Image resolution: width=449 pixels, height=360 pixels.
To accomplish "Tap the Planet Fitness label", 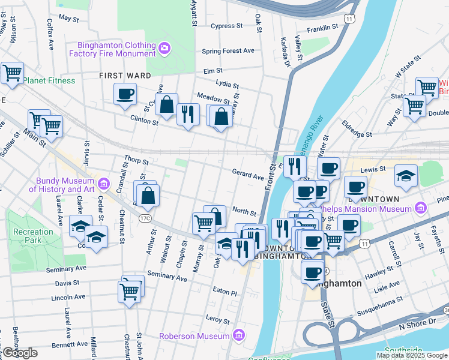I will pos(49,80).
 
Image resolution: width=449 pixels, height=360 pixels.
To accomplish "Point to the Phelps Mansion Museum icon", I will pos(421,209).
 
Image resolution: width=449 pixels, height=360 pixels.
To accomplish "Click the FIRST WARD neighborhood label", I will pos(125,76).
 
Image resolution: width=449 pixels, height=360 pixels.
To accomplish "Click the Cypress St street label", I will pos(226,26).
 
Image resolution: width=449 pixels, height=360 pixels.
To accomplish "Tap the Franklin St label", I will pos(324,28).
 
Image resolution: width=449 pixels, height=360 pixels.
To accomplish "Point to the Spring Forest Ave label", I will pos(228,51).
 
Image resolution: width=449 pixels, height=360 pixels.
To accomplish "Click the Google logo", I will pos(19,353).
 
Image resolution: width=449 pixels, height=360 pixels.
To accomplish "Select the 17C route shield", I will pos(145,218).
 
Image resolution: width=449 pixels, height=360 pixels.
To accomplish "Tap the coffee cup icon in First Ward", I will pos(125,94).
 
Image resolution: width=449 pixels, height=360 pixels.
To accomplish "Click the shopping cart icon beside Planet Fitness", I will pos(12,73).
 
